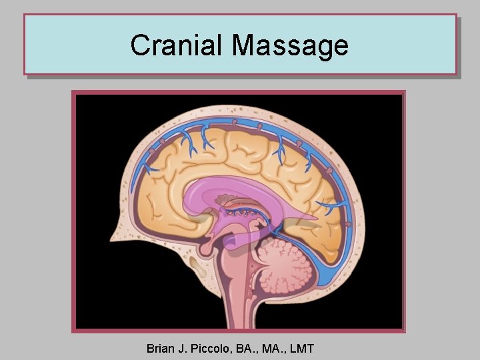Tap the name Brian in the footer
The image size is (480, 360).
click(x=161, y=348)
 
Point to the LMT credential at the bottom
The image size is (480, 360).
click(x=300, y=348)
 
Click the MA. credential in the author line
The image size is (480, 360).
click(x=271, y=348)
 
